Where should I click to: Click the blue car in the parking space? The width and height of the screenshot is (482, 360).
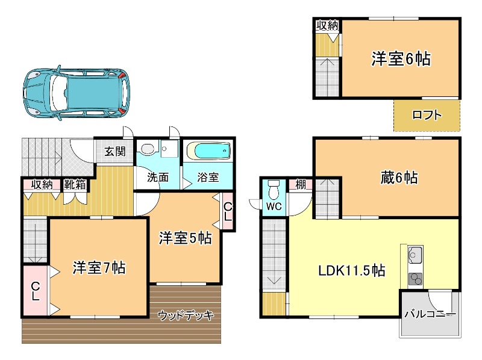pyautogui.click(x=77, y=93)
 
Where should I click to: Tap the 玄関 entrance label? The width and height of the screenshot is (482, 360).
pyautogui.click(x=115, y=151)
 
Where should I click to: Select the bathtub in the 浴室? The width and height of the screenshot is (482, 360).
pyautogui.click(x=208, y=151)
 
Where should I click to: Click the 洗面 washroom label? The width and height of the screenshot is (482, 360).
pyautogui.click(x=158, y=177)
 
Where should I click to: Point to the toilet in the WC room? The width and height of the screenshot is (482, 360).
pyautogui.click(x=274, y=190)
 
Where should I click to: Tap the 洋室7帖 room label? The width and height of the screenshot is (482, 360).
pyautogui.click(x=99, y=268)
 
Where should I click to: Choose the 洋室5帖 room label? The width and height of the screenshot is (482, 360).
pyautogui.click(x=185, y=238)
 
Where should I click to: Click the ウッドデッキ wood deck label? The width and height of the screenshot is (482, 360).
pyautogui.click(x=186, y=315)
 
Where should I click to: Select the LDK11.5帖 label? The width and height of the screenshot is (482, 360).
pyautogui.click(x=351, y=271)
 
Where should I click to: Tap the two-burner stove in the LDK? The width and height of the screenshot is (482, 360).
pyautogui.click(x=415, y=279)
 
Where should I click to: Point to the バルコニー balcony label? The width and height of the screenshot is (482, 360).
pyautogui.click(x=430, y=314)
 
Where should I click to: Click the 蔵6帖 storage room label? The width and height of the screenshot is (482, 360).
pyautogui.click(x=399, y=178)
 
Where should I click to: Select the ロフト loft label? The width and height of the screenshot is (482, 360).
pyautogui.click(x=427, y=115)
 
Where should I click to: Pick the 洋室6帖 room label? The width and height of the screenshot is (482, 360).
pyautogui.click(x=401, y=58)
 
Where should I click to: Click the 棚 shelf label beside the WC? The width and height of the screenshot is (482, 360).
pyautogui.click(x=301, y=184)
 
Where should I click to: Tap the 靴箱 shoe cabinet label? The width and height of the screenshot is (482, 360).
pyautogui.click(x=75, y=185)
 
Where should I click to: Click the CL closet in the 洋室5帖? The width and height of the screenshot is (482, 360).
pyautogui.click(x=228, y=211)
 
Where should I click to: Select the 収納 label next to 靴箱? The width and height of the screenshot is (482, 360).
pyautogui.click(x=42, y=185)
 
